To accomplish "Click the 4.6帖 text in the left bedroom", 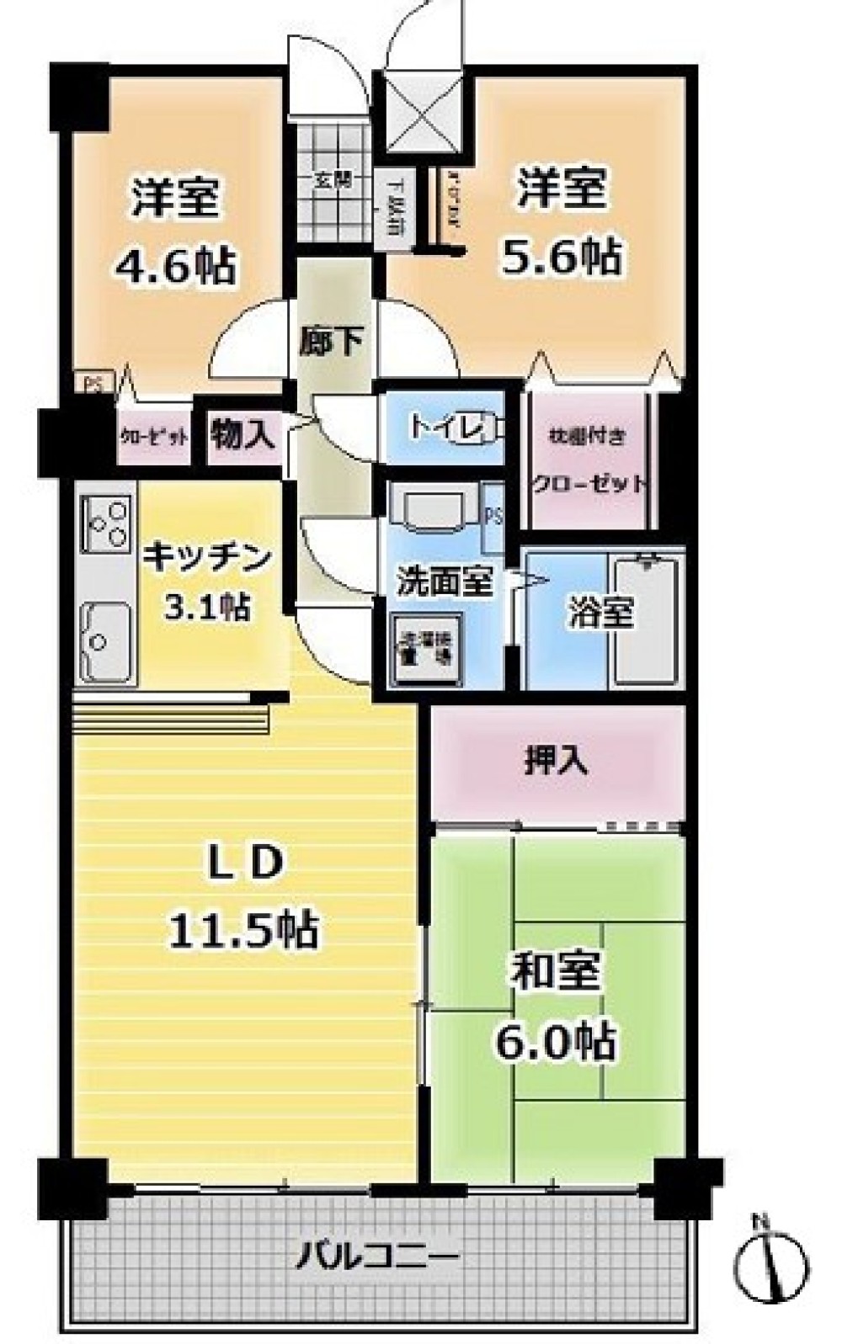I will tap(174, 265).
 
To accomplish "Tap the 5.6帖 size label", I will tap(562, 255).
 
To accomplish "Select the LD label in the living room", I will tap(243, 863).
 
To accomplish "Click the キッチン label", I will tap(207, 557).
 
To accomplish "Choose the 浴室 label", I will tap(600, 614).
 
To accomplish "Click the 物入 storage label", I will tap(242, 434).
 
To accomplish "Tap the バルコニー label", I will tap(377, 1258).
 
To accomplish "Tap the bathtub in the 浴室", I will tap(646, 620).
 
